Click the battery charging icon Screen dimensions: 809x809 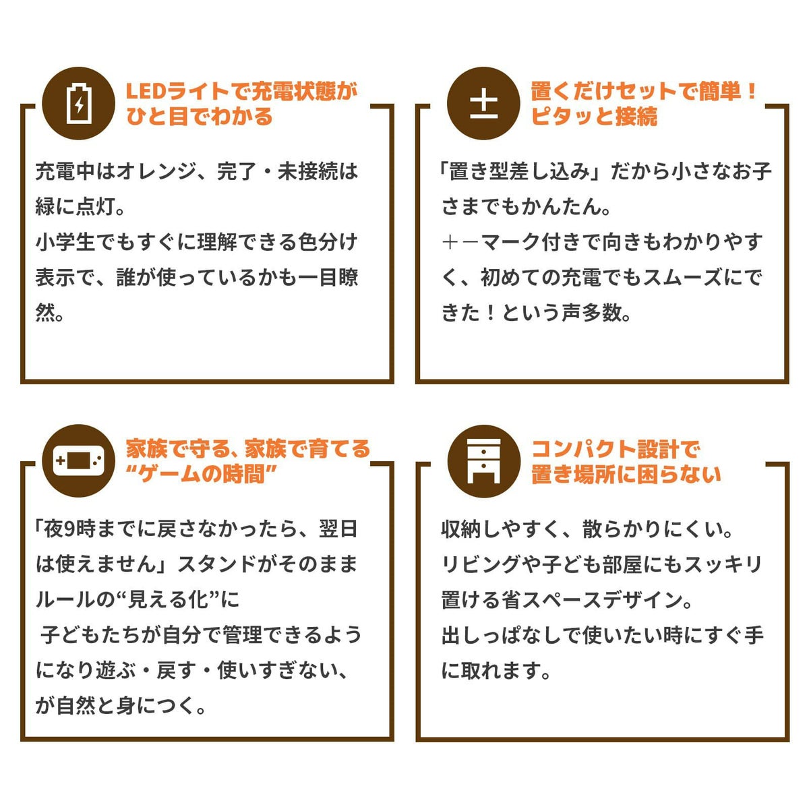pyautogui.click(x=78, y=103)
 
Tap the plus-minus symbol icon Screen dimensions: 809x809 pyautogui.click(x=483, y=103)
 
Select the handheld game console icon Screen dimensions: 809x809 pyautogui.click(x=78, y=460)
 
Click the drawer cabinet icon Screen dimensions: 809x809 pyautogui.click(x=483, y=461)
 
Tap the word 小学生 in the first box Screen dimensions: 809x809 pyautogui.click(x=65, y=242)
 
